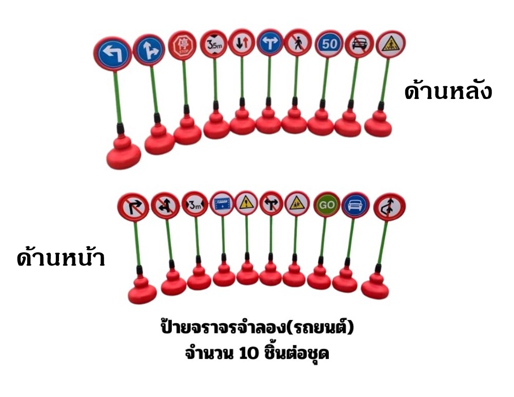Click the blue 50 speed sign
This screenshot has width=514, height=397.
(x=329, y=44)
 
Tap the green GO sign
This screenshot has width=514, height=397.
(x=327, y=205)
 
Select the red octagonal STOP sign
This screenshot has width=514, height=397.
(x=182, y=45)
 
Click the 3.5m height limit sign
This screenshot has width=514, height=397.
(x=214, y=44)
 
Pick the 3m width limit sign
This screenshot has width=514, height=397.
(x=195, y=204)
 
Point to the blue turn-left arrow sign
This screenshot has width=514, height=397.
(x=113, y=53)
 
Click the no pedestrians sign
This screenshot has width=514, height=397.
(x=298, y=43)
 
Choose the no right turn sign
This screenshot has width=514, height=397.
(x=133, y=207)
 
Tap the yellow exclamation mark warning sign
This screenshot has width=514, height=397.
(x=247, y=203)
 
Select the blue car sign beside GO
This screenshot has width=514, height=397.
(x=355, y=205)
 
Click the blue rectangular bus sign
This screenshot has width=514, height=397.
(x=222, y=204)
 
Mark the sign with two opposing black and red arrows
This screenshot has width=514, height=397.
(x=242, y=43)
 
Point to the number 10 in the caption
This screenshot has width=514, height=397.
(x=249, y=353)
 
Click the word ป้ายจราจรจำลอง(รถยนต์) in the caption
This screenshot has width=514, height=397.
(x=258, y=327)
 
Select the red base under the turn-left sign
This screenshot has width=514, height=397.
(x=124, y=151)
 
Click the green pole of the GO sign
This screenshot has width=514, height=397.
(x=323, y=239)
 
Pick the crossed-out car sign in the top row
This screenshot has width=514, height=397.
(x=359, y=44)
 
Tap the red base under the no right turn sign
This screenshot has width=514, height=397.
(x=142, y=290)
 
